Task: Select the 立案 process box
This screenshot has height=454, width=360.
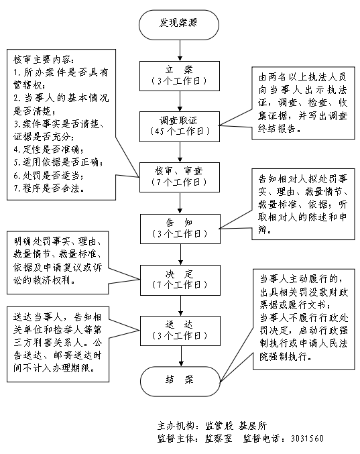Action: (178, 74)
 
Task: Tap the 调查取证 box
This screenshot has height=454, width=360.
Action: (178, 125)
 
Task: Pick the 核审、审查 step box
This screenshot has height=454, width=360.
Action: (178, 176)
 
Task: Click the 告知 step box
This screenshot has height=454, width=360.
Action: (178, 226)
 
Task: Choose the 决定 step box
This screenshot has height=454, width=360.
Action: (178, 278)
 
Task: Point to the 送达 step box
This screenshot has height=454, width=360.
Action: (178, 329)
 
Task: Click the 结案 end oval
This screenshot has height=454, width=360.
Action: (178, 380)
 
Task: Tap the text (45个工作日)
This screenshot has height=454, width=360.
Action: (178, 131)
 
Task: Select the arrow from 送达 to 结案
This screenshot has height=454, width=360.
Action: (178, 355)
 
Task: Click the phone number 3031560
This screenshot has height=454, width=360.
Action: (306, 438)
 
